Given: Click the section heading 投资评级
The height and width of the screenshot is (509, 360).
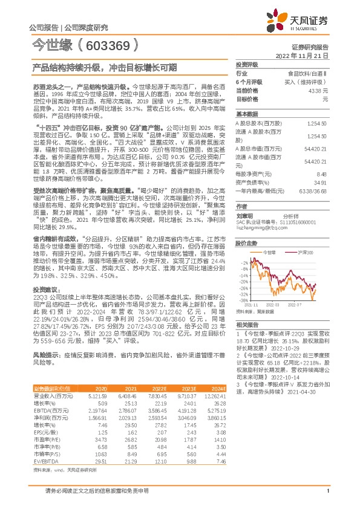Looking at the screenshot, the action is [x=247, y=64].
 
